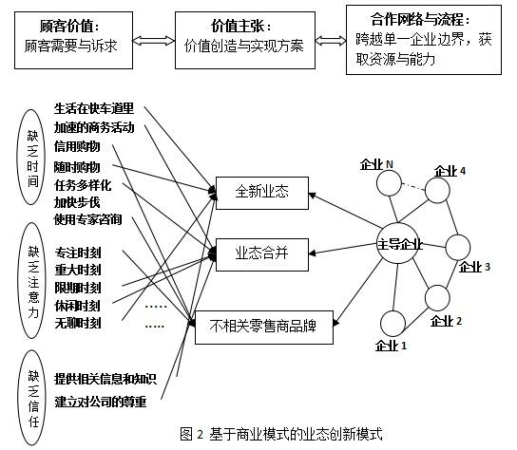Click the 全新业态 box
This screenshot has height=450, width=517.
click(x=262, y=193)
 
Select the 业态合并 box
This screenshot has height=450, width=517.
click(x=262, y=255)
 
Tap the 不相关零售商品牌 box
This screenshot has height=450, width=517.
click(x=264, y=328)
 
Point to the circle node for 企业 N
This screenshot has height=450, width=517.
click(x=389, y=183)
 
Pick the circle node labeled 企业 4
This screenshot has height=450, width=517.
click(x=437, y=191)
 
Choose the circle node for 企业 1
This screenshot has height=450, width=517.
click(x=393, y=323)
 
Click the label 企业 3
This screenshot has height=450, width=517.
click(x=474, y=267)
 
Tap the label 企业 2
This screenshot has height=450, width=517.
click(x=446, y=321)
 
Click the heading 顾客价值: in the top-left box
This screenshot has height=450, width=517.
click(x=69, y=27)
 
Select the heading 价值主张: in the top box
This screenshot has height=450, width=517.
click(x=241, y=27)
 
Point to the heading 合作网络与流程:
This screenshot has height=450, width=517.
click(x=420, y=19)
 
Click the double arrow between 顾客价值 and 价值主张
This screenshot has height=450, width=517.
click(x=154, y=41)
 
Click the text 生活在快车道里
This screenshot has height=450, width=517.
click(x=94, y=108)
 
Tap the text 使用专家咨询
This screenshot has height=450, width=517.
click(x=88, y=219)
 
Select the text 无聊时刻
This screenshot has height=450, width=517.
click(x=78, y=323)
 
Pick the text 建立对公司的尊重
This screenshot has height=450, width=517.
click(x=101, y=402)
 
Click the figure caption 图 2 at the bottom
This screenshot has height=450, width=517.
click(x=192, y=434)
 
